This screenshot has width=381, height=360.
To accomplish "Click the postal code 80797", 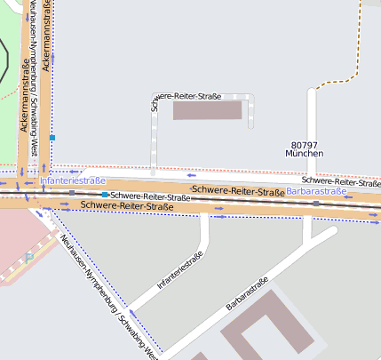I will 304,144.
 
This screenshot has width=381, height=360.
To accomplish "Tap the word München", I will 304,154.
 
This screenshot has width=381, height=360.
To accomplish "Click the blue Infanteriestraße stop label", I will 73,180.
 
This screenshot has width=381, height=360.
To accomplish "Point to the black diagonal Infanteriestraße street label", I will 180,271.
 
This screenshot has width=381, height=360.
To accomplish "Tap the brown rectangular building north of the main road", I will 207,110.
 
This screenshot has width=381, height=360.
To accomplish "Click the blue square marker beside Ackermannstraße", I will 52,138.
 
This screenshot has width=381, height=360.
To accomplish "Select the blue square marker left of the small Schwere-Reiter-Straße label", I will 105,195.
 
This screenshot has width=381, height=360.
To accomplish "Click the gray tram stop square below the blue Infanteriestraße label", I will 72,192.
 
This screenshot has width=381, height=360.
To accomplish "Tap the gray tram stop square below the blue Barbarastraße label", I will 316,203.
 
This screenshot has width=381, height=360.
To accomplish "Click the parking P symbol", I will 29,258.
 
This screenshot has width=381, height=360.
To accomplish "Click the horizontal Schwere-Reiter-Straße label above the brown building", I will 187,96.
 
